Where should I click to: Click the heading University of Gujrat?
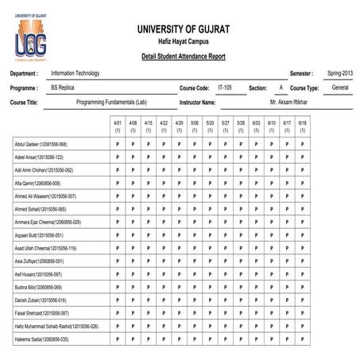(184, 29)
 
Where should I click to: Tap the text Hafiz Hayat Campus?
(184, 43)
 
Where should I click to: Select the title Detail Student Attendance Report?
(183, 57)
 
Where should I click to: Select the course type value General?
(340, 87)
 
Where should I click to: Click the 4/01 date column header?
(118, 126)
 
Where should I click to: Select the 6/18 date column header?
(303, 126)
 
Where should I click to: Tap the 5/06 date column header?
(195, 126)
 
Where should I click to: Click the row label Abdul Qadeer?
(41, 145)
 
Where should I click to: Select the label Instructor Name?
(198, 103)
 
